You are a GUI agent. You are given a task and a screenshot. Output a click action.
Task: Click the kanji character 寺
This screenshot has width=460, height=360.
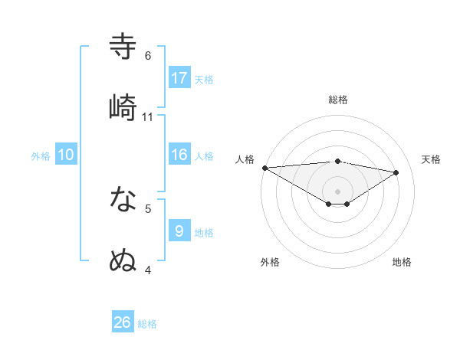point(123,46)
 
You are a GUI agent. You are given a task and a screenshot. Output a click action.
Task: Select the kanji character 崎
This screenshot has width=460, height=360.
point(123,106)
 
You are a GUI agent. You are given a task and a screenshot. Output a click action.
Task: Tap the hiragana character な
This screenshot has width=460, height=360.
point(123,200)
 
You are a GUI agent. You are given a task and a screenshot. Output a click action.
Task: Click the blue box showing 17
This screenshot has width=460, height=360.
point(179,77)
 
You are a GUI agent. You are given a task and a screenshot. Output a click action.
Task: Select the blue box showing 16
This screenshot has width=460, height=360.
point(179,155)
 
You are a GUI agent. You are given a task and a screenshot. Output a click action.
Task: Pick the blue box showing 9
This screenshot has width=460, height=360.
point(179,231)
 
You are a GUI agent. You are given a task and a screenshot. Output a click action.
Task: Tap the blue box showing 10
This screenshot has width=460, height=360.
point(65,155)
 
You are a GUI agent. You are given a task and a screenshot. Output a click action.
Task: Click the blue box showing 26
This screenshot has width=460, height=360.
point(123,322)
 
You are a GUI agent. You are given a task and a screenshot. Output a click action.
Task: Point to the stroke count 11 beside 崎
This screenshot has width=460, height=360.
point(148,116)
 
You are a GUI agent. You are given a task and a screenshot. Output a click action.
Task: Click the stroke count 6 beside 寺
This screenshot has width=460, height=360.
point(148,56)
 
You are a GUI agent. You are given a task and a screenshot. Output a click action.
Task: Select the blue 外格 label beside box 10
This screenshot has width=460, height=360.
point(41,156)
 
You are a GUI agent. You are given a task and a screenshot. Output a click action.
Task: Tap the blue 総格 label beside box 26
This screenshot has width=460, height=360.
point(147,324)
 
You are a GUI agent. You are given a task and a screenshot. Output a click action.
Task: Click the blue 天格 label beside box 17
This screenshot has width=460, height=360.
point(204,79)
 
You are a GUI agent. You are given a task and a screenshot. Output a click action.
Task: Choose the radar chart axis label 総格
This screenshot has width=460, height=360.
point(338,100)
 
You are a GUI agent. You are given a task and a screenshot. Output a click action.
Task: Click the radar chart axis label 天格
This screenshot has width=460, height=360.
point(431,159)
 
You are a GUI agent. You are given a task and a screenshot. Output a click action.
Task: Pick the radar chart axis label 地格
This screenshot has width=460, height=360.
point(402,262)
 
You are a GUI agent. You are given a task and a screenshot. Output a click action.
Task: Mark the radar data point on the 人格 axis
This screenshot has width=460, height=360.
point(264,167)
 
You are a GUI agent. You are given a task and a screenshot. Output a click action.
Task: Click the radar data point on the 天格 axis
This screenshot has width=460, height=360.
point(396,172)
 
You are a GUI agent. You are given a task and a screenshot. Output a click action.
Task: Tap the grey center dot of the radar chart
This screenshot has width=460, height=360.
point(337,191)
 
